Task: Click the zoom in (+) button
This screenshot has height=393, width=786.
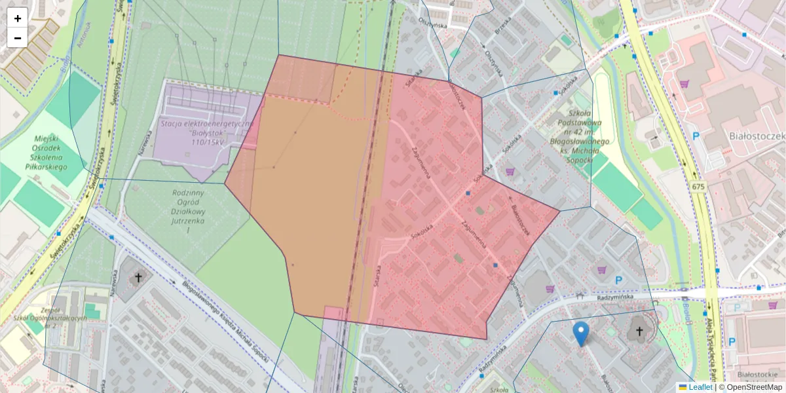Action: coord(17,18)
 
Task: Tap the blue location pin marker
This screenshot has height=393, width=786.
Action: coord(580,333)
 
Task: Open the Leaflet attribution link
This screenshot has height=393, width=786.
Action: coord(700,387)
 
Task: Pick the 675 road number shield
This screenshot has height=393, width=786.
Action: coord(698,187)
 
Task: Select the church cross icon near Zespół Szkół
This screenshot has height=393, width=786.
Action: coord(138,278)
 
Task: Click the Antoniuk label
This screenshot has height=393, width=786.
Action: coord(81,39)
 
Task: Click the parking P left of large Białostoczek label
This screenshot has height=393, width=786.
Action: coord(696,137)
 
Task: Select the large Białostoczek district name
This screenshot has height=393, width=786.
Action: coord(757,136)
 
